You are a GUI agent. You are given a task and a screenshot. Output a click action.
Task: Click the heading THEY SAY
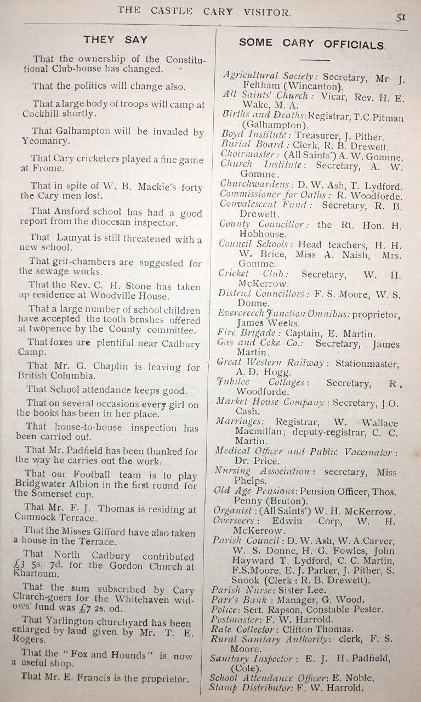[115, 39]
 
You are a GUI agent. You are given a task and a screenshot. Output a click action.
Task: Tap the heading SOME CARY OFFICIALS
[312, 43]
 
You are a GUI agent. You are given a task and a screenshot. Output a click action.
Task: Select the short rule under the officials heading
[314, 59]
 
